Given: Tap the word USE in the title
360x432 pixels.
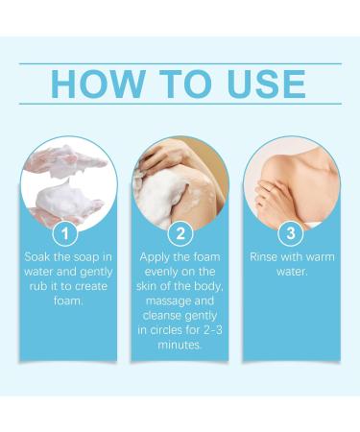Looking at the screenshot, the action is [266, 84].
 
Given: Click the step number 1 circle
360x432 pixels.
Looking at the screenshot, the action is [65, 233].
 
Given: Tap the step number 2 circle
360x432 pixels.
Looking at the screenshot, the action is [180, 233].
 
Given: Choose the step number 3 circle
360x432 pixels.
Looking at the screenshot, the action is [291, 233].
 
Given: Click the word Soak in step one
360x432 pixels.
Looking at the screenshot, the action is [36, 257].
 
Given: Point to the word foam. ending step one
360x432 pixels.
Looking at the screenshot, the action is [68, 301].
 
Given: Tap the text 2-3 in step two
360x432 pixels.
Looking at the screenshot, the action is [212, 330].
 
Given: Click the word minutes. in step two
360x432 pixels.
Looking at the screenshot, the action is [180, 345].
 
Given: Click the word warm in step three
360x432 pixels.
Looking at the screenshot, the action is [321, 257].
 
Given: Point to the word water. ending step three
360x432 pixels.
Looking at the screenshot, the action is [292, 272].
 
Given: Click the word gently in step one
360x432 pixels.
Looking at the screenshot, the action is [96, 273].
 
